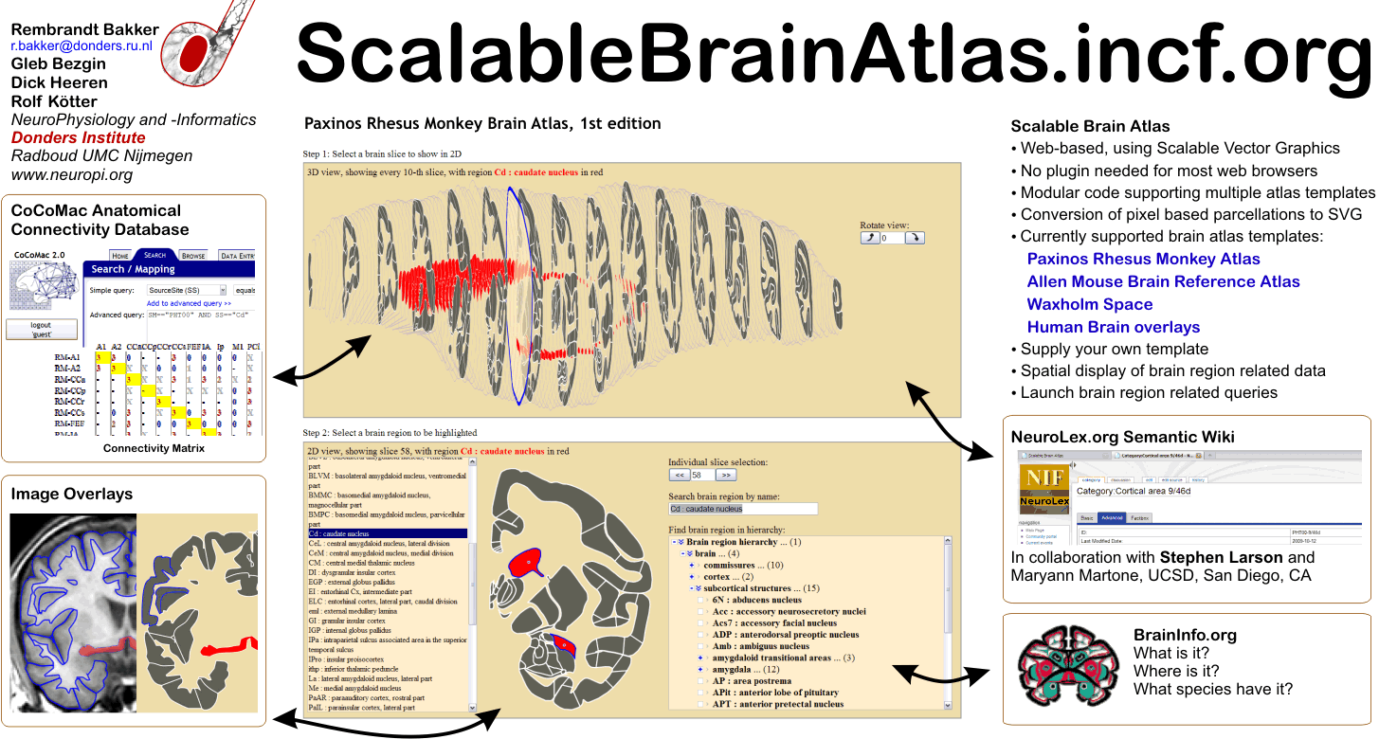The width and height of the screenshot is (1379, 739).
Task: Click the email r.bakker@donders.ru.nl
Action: tap(82, 45)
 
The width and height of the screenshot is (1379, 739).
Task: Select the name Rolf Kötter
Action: tap(54, 101)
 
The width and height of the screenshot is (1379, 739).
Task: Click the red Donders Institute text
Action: tap(78, 138)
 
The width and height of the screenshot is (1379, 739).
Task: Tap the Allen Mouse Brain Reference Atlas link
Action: tap(1163, 281)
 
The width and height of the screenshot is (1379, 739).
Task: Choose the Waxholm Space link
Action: tap(1089, 304)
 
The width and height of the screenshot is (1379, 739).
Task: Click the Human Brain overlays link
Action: tap(1113, 327)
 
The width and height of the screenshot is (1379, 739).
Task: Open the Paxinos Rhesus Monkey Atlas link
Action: tap(1143, 259)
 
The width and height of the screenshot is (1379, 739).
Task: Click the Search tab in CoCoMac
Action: tap(154, 255)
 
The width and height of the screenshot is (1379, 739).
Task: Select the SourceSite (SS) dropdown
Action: tap(187, 290)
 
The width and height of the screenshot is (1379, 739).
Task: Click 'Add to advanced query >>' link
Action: tap(189, 303)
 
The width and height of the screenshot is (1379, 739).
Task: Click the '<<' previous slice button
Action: tap(679, 475)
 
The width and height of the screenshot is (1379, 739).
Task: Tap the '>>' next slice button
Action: tap(726, 475)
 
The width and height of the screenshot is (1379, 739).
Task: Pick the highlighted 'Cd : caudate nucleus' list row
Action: tap(387, 533)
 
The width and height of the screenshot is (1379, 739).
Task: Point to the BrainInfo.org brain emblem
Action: tap(1061, 663)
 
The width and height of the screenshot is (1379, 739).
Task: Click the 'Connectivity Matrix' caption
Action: tap(154, 448)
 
